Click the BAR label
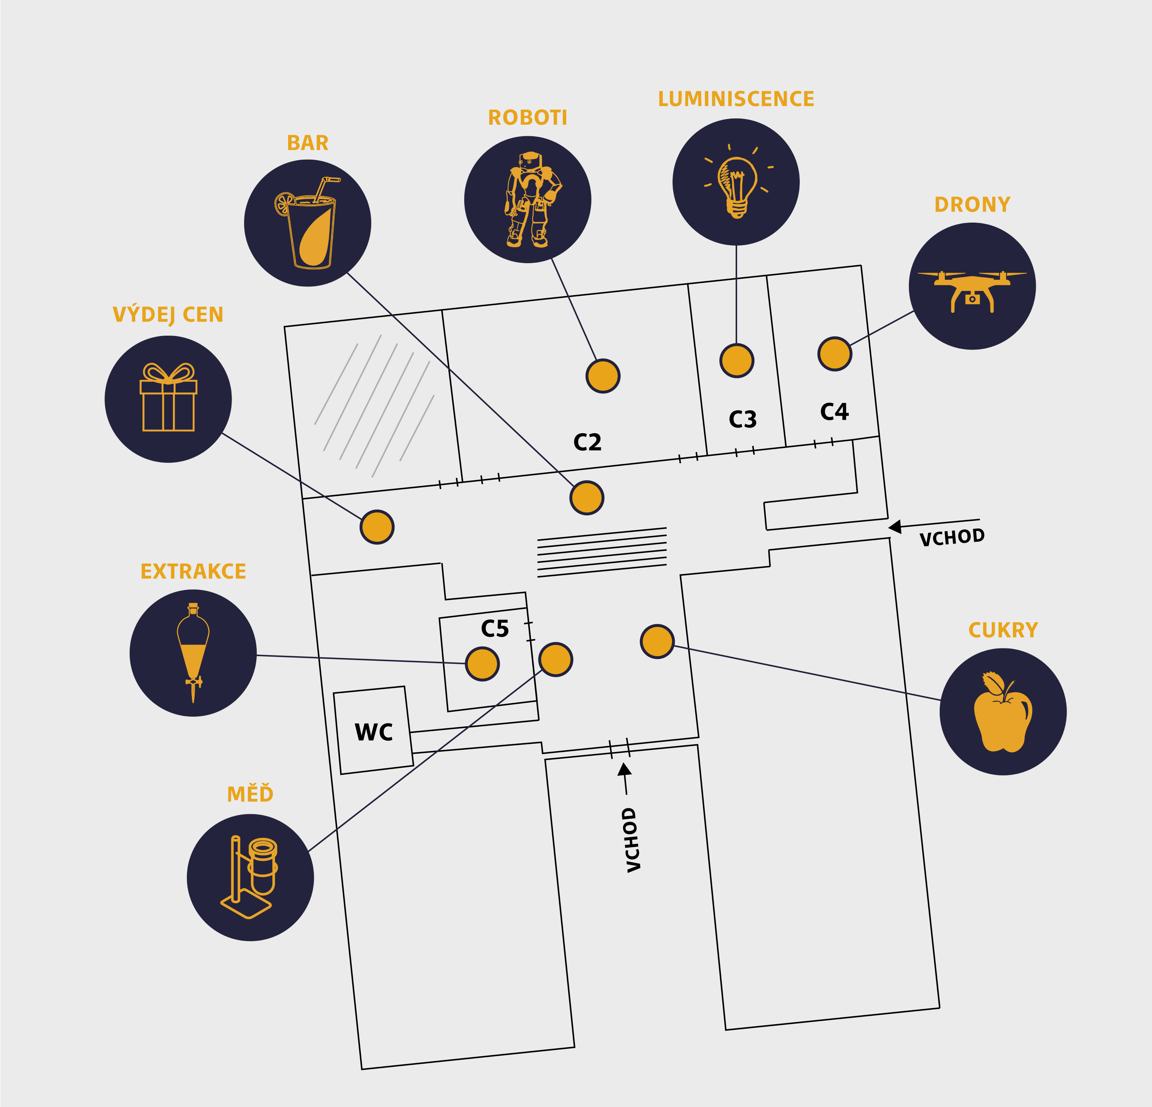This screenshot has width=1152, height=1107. click(307, 143)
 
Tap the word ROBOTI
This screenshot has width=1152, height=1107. click(527, 118)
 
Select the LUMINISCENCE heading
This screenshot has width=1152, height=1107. click(736, 99)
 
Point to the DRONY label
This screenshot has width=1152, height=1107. click(972, 205)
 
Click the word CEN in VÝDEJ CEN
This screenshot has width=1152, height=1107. click(203, 315)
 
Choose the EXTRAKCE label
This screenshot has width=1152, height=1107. click(193, 571)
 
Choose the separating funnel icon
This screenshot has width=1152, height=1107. click(193, 653)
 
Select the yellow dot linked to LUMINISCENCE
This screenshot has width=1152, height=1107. click(736, 360)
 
